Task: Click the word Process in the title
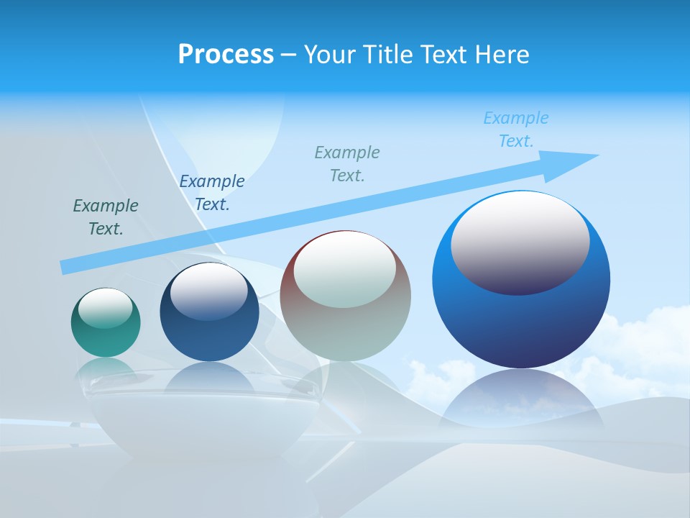pyautogui.click(x=226, y=55)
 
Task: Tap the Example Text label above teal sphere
pyautogui.click(x=106, y=217)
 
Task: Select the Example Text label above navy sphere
pyautogui.click(x=212, y=193)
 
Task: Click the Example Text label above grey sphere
pyautogui.click(x=347, y=163)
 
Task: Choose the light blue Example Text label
pyautogui.click(x=516, y=129)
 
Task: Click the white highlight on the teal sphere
pyautogui.click(x=106, y=308)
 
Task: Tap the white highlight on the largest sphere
pyautogui.click(x=520, y=241)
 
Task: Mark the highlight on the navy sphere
pyautogui.click(x=209, y=290)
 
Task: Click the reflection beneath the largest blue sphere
pyautogui.click(x=521, y=399)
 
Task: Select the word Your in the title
pyautogui.click(x=328, y=55)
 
